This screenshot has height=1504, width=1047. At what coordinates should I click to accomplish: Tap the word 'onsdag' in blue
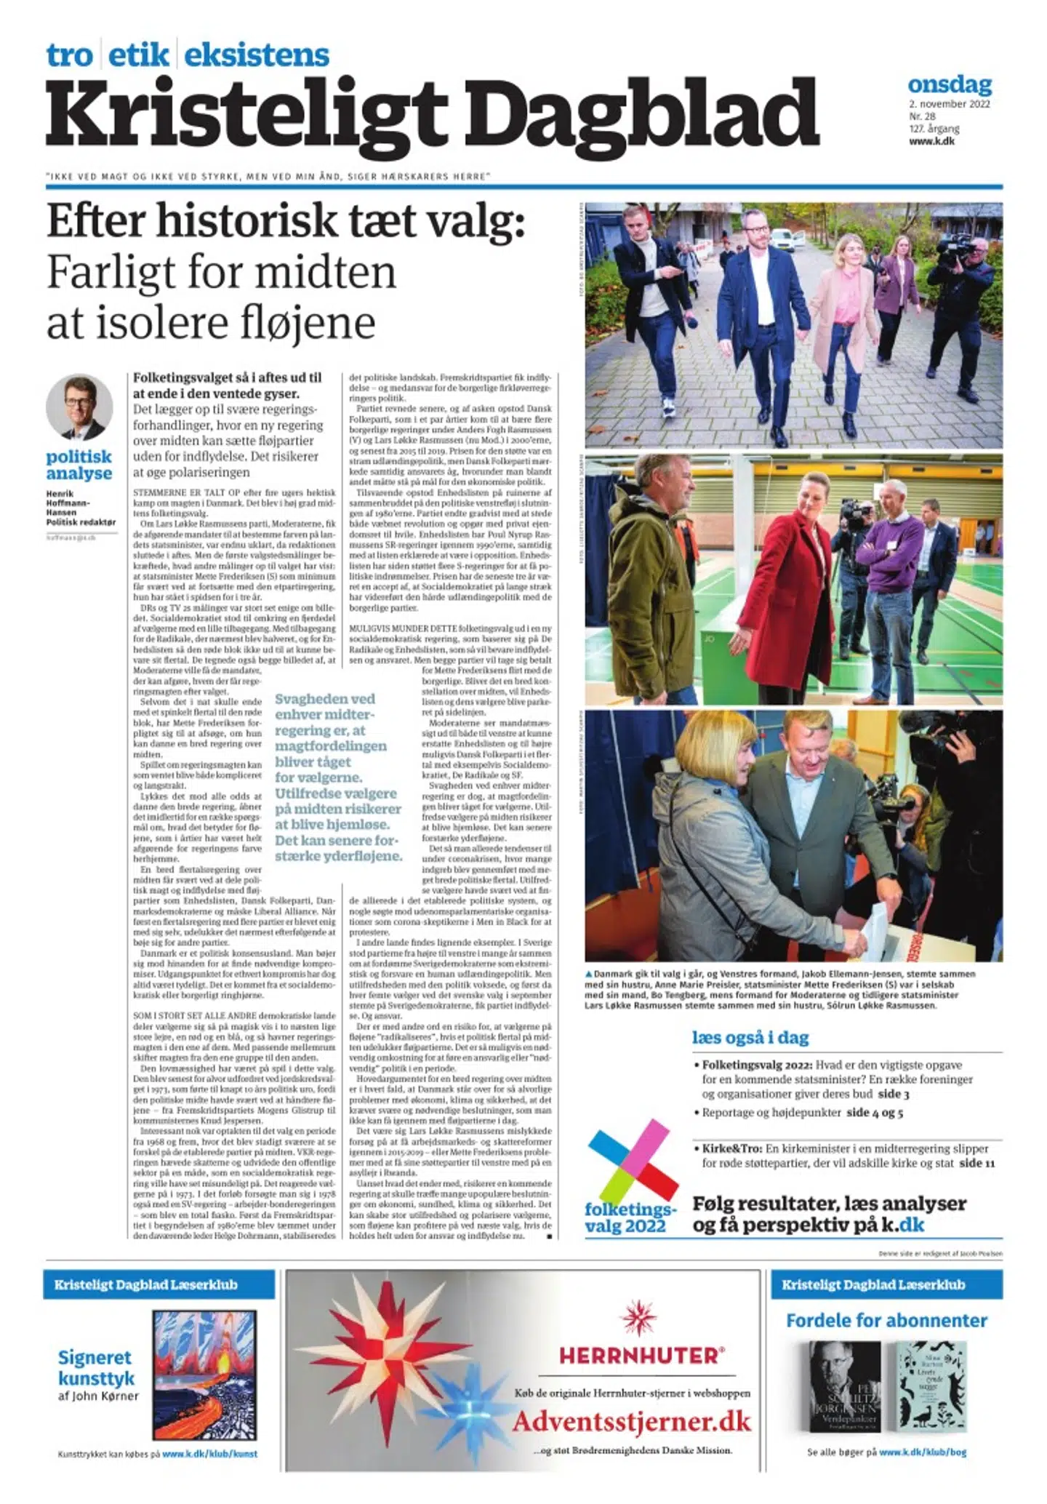tap(950, 84)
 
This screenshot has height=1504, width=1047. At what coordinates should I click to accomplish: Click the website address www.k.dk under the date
tap(931, 141)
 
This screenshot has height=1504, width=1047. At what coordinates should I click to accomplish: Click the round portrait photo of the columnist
tap(79, 407)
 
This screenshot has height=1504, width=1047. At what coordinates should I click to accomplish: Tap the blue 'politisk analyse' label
tap(79, 465)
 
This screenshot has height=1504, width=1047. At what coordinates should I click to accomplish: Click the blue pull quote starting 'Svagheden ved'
tap(338, 777)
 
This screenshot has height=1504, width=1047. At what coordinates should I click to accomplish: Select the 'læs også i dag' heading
tap(750, 1037)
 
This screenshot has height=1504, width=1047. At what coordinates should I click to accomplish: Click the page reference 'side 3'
tap(894, 1094)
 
